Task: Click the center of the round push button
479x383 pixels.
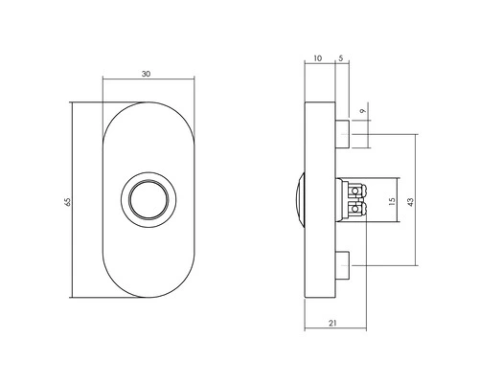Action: pos(150,201)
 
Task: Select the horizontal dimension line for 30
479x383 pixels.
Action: pos(125,79)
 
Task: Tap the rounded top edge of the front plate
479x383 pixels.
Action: pos(150,101)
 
